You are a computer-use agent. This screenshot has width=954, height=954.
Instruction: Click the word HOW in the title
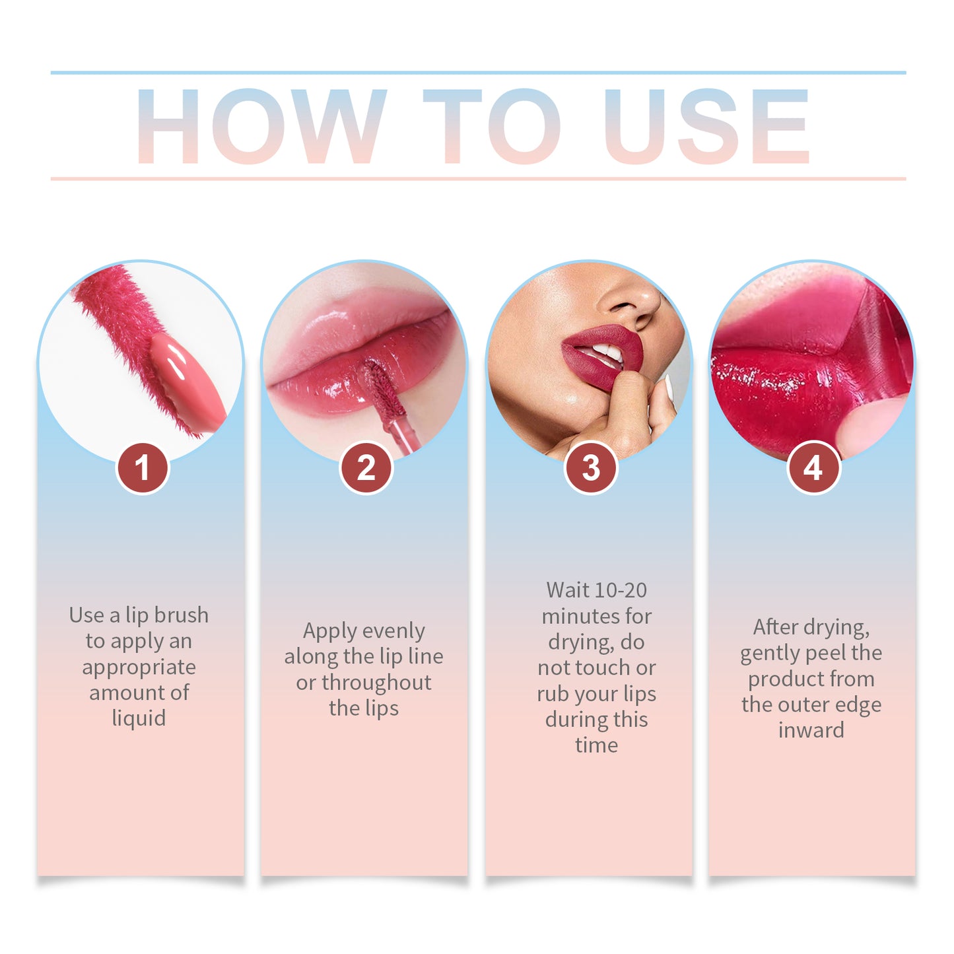tap(261, 127)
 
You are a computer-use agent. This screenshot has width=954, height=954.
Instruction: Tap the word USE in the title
tap(706, 127)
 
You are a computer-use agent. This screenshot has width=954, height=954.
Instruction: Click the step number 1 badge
tap(142, 468)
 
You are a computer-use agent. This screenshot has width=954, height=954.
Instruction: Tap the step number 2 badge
tap(366, 468)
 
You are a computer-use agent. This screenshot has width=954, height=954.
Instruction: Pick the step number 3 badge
tap(591, 468)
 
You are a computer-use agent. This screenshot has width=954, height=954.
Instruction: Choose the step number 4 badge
tap(813, 468)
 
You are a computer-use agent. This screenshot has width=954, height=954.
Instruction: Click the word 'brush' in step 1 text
tap(181, 615)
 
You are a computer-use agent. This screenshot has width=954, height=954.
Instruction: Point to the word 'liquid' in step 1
tap(139, 718)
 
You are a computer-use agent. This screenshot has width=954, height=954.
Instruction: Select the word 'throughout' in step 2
tap(376, 683)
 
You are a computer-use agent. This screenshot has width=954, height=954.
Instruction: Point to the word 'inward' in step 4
tap(811, 730)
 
